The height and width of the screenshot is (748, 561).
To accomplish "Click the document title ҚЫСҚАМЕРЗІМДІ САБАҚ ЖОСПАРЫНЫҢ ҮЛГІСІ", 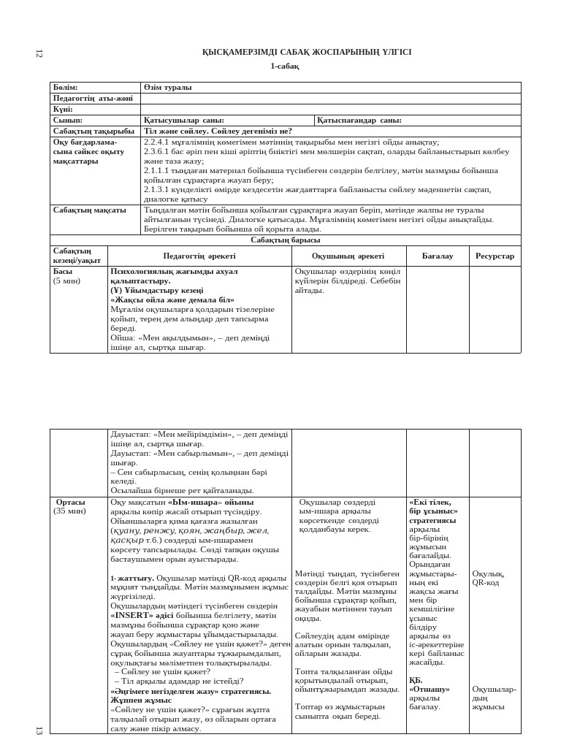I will pyautogui.click(x=306, y=53).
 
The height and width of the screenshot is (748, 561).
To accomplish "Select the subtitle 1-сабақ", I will pyautogui.click(x=284, y=66).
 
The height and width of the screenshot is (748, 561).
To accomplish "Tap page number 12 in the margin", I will pyautogui.click(x=39, y=53).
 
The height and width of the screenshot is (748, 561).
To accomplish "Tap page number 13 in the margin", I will pyautogui.click(x=39, y=730).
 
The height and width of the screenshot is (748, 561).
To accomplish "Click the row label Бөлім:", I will pyautogui.click(x=66, y=88).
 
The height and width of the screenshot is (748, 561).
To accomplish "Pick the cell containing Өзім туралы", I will pyautogui.click(x=168, y=88).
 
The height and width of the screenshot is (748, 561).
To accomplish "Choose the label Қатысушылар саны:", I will pyautogui.click(x=183, y=121).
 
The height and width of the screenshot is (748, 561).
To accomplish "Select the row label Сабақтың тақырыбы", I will pyautogui.click(x=93, y=131).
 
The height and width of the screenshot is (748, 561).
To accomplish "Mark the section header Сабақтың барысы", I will pyautogui.click(x=285, y=240).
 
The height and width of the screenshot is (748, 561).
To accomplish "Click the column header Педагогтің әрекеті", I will pyautogui.click(x=199, y=256).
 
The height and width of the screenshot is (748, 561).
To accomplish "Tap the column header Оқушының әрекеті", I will pyautogui.click(x=348, y=256).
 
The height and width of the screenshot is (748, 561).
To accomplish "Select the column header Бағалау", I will pyautogui.click(x=438, y=256).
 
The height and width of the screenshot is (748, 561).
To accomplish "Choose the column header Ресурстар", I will pyautogui.click(x=495, y=256).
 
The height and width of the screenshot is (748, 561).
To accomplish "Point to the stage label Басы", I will pyautogui.click(x=63, y=271).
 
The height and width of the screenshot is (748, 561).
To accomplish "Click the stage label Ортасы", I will pyautogui.click(x=71, y=503).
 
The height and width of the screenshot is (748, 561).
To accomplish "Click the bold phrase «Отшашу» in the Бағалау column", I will pyautogui.click(x=430, y=689).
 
